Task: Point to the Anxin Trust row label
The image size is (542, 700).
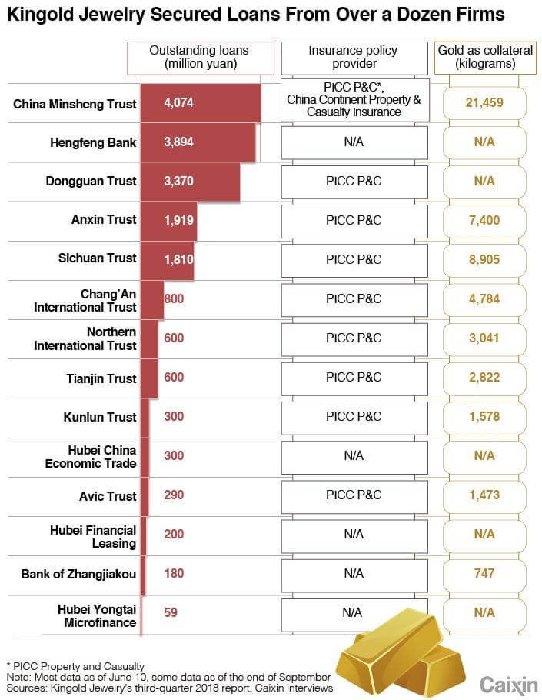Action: coord(104,220)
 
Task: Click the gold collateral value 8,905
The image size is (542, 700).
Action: coord(484,259)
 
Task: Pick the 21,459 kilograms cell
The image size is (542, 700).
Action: coord(484,103)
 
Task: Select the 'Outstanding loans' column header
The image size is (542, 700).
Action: coord(201,57)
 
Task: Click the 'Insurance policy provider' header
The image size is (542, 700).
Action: coord(353,57)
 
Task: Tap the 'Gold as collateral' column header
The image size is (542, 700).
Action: coord(484,57)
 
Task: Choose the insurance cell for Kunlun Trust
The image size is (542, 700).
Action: coord(354,417)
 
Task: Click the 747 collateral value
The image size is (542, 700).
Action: coord(484,573)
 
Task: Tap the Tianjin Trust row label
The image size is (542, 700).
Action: coord(101,378)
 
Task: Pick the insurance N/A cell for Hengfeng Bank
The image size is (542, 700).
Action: coord(354,142)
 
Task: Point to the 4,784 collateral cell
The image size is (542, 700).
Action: coord(484,298)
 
